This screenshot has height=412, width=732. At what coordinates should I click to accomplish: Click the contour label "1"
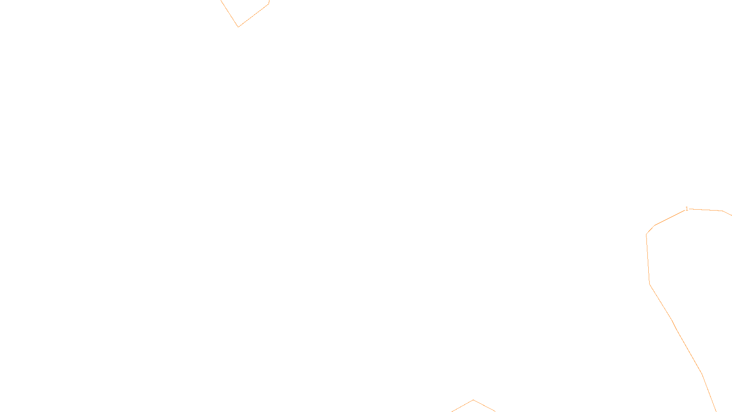(x=686, y=209)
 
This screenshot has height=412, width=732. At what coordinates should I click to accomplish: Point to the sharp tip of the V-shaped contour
(x=238, y=27)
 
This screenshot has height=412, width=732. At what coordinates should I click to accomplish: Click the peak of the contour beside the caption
(x=474, y=400)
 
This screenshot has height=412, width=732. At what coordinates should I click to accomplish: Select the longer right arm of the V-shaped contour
(x=253, y=16)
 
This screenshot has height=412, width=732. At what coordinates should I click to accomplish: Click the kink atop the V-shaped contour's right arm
(x=269, y=4)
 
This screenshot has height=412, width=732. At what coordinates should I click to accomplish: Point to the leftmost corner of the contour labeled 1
(x=646, y=234)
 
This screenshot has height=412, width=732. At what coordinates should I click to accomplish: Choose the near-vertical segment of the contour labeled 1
(x=648, y=259)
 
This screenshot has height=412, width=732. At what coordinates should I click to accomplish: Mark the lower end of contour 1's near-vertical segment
(x=650, y=284)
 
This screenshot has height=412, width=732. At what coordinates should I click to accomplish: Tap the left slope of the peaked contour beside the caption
(x=463, y=406)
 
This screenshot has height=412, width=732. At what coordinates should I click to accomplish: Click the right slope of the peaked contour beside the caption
(x=484, y=406)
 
